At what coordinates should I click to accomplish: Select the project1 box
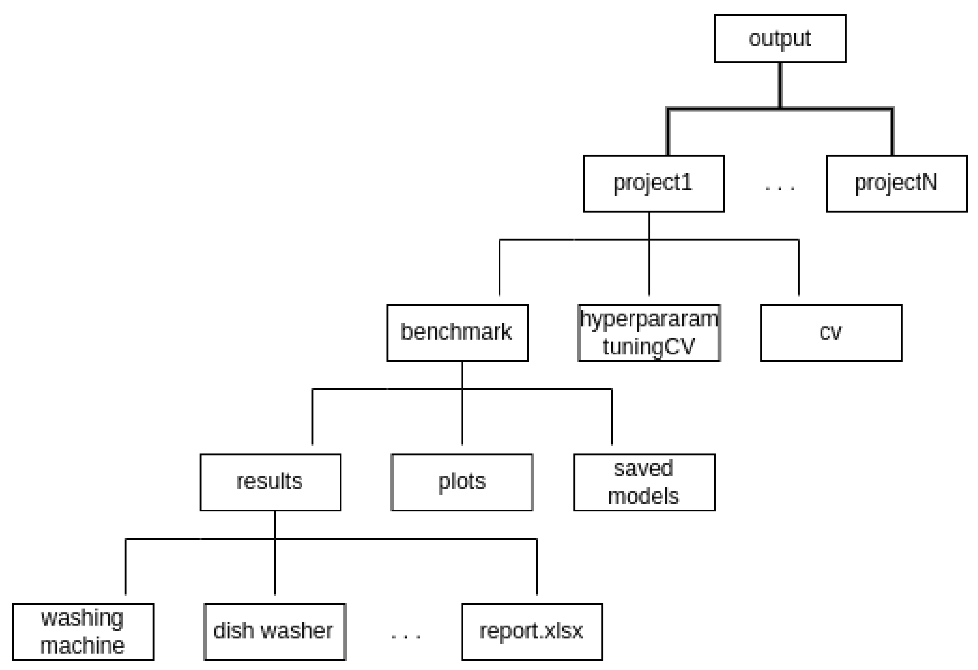tap(653, 183)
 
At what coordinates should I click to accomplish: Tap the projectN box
tap(897, 183)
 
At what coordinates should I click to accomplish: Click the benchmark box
tap(457, 333)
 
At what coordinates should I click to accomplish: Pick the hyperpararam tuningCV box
tap(649, 333)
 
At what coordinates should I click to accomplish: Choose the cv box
tap(831, 333)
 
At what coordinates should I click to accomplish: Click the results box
tap(270, 482)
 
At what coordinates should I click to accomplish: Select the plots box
tap(462, 482)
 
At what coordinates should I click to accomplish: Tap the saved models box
tap(644, 482)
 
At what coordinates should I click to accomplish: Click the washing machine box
tap(83, 632)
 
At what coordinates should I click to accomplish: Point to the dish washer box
tap(275, 632)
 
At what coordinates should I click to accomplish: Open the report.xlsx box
tap(532, 632)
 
